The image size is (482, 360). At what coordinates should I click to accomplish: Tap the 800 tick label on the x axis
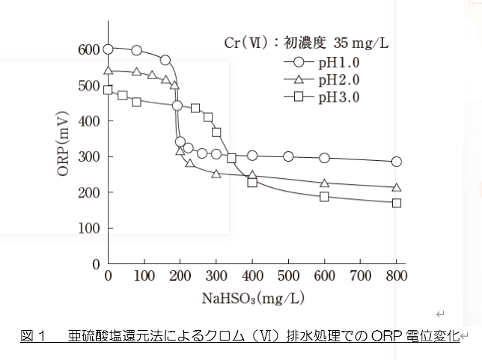tap(397, 276)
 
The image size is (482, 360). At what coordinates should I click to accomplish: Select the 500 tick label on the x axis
tap(288, 276)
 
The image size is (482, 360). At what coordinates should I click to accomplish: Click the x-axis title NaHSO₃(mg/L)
tap(252, 298)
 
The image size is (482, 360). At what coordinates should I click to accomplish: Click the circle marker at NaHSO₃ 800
tap(397, 162)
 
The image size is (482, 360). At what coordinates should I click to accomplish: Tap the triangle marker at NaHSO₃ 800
tap(397, 187)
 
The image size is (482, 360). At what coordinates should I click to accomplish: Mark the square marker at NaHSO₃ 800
tap(397, 203)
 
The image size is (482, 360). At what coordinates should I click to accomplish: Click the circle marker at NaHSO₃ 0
tap(109, 49)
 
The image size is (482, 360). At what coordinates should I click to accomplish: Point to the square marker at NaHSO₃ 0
tap(109, 91)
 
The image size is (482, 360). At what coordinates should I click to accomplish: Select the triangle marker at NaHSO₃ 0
tap(109, 71)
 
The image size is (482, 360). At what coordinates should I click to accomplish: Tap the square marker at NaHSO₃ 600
tap(325, 197)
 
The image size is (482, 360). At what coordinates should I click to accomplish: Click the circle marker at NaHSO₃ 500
tap(288, 156)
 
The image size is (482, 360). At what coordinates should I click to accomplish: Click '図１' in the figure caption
tap(33, 337)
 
